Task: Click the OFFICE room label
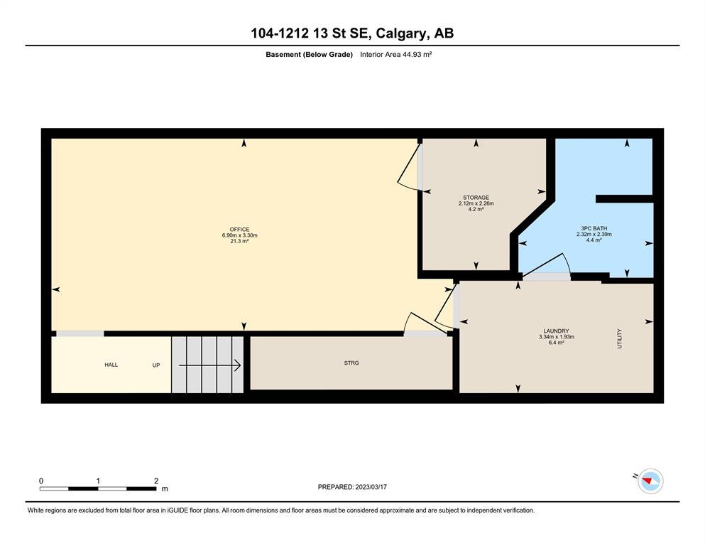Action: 239,230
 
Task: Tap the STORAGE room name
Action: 476,198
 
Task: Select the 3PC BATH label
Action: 594,228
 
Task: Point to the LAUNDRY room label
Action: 556,331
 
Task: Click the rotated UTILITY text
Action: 620,338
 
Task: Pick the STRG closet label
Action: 351,363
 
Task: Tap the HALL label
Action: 111,365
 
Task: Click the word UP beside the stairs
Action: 156,365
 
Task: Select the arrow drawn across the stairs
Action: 210,365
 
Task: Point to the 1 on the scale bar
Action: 98,481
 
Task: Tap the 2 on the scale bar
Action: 156,481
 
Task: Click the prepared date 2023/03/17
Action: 371,487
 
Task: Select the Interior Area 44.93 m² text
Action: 395,55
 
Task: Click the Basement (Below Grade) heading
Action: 310,55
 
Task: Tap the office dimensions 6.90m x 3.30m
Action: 240,235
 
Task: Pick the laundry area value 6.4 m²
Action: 557,343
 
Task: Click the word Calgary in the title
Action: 401,33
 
